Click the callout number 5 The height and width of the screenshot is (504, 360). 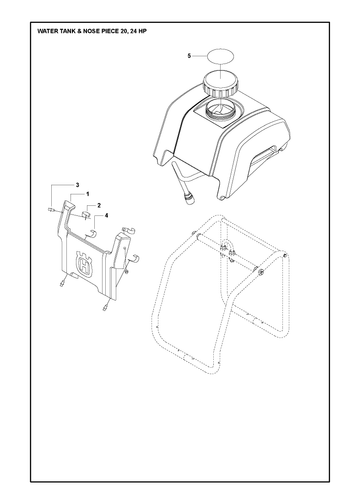point(189,56)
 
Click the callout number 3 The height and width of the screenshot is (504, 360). point(77,185)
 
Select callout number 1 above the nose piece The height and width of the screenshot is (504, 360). point(88,194)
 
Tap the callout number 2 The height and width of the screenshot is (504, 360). point(99,206)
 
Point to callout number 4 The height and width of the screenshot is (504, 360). point(106,216)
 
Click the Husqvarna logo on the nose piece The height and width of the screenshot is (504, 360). point(84,264)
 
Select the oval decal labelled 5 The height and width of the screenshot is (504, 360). point(221,58)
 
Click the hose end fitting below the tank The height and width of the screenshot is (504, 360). point(189,200)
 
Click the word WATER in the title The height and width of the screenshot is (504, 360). point(45,31)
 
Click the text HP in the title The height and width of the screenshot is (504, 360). point(142,31)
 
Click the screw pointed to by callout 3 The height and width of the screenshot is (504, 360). point(50,209)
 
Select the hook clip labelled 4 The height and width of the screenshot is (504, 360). point(92,234)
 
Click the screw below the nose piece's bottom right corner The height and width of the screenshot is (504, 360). point(106,305)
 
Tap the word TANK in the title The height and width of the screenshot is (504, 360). point(62,31)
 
